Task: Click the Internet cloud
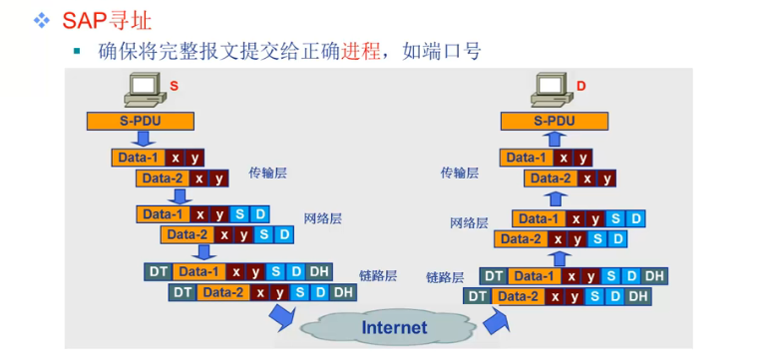click(x=393, y=325)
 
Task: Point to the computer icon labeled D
click(x=552, y=91)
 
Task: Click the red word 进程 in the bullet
click(x=361, y=51)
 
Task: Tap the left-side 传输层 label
click(x=267, y=172)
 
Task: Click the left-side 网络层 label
click(x=323, y=218)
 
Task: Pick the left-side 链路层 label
click(x=378, y=275)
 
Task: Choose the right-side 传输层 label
click(x=460, y=173)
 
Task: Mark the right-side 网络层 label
click(x=469, y=222)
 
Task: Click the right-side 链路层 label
click(x=445, y=277)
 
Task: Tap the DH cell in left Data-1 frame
click(x=319, y=272)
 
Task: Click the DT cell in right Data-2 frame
click(x=478, y=296)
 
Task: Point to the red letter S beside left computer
click(x=174, y=86)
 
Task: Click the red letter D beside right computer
click(x=580, y=86)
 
